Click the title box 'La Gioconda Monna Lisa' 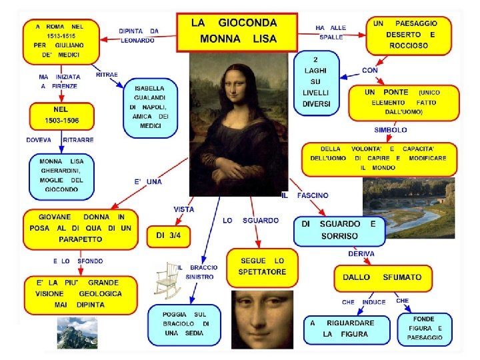pos(236,31)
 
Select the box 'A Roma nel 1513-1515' pos(61,41)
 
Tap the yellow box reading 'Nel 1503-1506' pos(61,116)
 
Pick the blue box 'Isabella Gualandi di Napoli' pos(151,107)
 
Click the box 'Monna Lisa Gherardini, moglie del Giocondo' pos(61,175)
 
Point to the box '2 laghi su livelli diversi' pos(317,83)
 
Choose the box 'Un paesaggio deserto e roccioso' pos(409,35)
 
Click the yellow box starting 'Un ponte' pos(411,102)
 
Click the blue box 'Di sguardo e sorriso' pos(339,231)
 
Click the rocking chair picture pos(167,280)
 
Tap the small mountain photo pos(77,333)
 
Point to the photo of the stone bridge pos(408,208)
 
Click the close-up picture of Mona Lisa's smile pos(262,319)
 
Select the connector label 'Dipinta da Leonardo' pos(139,35)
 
